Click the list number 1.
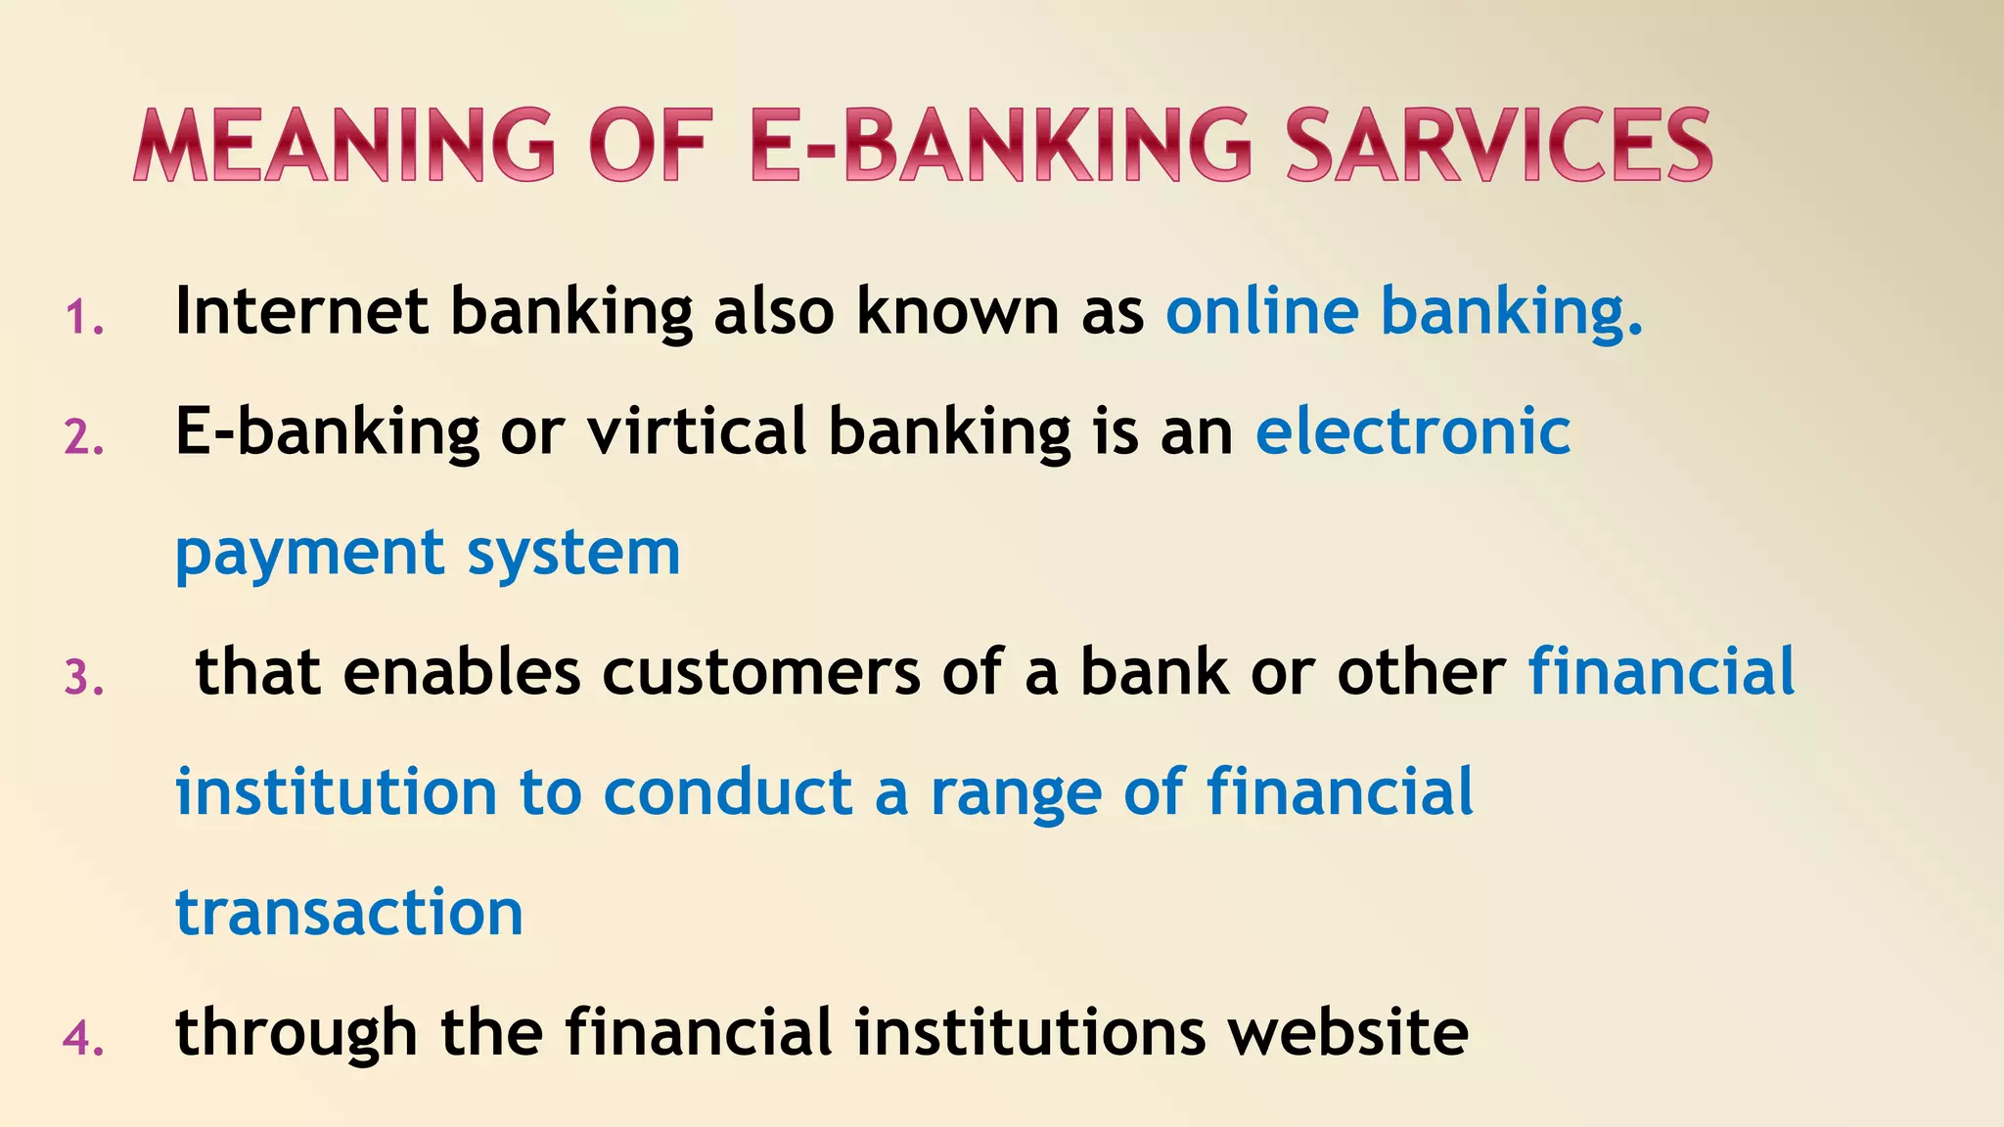[x=84, y=318]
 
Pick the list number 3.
[x=84, y=678]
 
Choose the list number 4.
[x=84, y=1038]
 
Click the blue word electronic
[x=1413, y=431]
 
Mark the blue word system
[x=573, y=554]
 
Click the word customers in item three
[x=761, y=672]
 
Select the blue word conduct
[x=728, y=792]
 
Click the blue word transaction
[x=349, y=912]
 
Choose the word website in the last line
[x=1348, y=1032]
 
